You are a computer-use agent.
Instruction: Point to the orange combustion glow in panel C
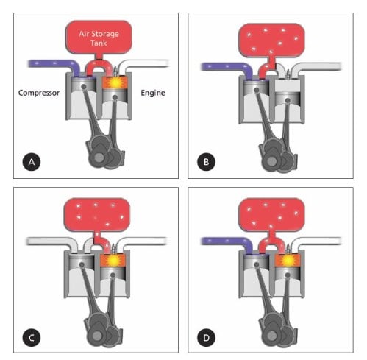point(113,260)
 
